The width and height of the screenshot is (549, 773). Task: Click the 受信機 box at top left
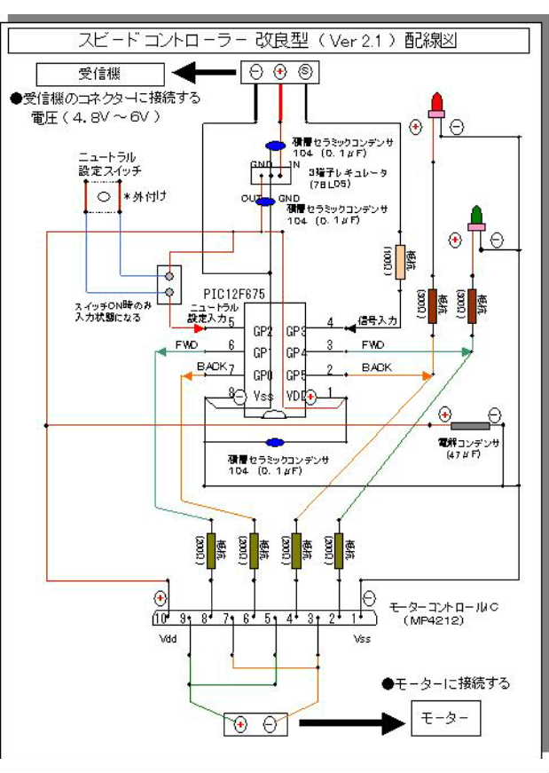click(100, 73)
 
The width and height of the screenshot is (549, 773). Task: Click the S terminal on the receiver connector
click(304, 72)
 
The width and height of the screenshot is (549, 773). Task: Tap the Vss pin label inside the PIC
click(261, 396)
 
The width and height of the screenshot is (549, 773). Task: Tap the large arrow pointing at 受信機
click(205, 72)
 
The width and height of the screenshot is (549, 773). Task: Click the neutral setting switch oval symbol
click(104, 195)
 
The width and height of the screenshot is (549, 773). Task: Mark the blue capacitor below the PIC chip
click(275, 441)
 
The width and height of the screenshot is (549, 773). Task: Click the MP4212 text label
click(432, 620)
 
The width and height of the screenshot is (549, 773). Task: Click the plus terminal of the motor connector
click(240, 725)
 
